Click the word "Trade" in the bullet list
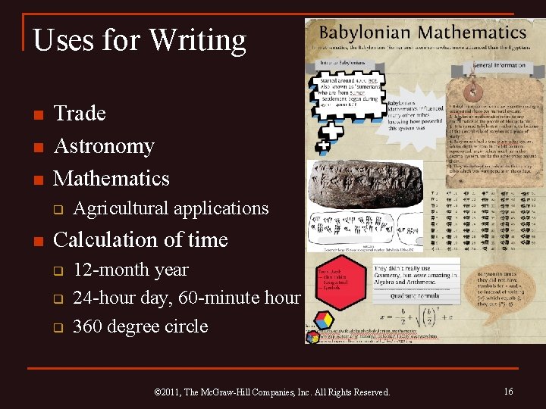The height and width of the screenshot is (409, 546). point(80,114)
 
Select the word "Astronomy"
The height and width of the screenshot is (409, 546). point(104,145)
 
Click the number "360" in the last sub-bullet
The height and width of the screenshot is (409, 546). point(89,326)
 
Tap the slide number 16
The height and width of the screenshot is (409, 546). point(508,391)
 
